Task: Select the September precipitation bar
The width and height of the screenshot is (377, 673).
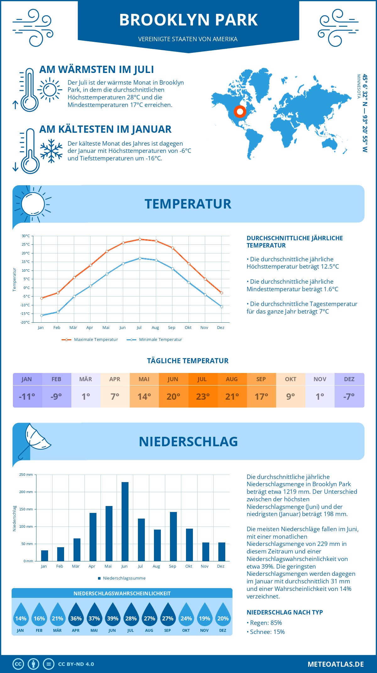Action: (173, 536)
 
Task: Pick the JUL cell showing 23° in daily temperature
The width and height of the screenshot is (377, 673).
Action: (203, 390)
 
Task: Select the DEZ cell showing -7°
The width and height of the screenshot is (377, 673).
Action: (349, 390)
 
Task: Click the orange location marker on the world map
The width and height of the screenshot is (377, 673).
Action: (240, 111)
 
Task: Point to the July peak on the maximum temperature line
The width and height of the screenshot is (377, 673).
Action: (140, 239)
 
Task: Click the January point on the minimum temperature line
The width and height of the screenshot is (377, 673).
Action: (41, 315)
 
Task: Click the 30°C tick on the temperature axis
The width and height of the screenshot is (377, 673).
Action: (26, 236)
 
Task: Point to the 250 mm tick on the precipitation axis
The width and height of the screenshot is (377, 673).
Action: (26, 475)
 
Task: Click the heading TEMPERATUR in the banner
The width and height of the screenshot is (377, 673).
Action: (188, 204)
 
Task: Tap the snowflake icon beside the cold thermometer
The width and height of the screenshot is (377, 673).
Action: (51, 151)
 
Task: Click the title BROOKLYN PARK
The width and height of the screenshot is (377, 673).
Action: (188, 20)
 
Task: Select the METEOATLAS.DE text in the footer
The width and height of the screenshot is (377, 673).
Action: (336, 664)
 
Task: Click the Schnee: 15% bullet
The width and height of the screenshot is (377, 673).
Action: (266, 632)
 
